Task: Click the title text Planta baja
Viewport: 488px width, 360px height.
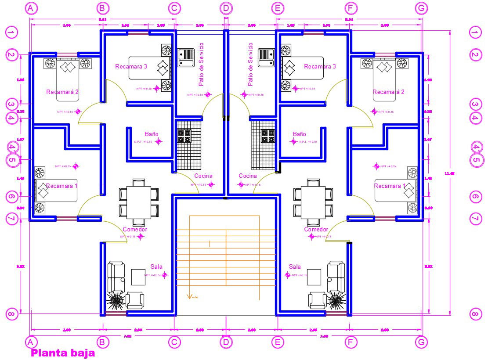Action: click(62, 353)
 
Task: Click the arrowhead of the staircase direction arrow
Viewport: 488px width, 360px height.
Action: click(189, 296)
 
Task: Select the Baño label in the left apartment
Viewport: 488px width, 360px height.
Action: click(152, 134)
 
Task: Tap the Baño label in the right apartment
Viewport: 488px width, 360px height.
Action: click(299, 134)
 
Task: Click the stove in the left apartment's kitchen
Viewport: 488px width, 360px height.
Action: click(184, 136)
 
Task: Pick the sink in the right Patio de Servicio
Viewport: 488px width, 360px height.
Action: click(266, 58)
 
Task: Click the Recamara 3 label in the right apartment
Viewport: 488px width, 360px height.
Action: click(320, 66)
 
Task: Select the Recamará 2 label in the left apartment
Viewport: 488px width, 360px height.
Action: click(62, 92)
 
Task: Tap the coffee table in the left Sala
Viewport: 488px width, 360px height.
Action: click(138, 277)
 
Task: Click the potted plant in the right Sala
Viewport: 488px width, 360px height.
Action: click(336, 301)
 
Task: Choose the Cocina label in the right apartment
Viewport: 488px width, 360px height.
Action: click(248, 176)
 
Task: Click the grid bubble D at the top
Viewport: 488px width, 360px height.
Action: click(226, 8)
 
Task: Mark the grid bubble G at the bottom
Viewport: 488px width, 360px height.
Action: click(421, 342)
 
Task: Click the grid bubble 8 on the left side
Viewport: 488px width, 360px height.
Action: click(12, 314)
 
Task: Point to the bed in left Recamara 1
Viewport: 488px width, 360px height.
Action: click(56, 191)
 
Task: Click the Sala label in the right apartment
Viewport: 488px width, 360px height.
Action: click(295, 267)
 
